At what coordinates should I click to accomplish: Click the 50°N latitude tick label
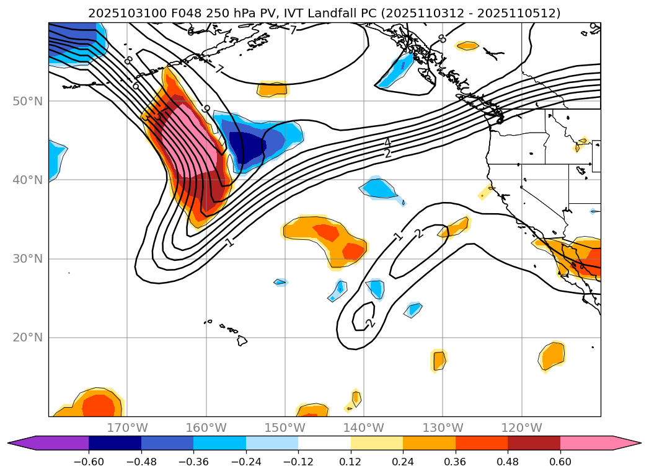[x=27, y=101]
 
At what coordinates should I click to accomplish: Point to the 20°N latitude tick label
[x=27, y=338]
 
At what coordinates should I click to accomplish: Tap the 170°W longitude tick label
[x=127, y=428]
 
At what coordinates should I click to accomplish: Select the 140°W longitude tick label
[x=364, y=428]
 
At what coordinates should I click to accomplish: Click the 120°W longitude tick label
[x=521, y=428]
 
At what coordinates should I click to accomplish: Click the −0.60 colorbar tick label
[x=89, y=462]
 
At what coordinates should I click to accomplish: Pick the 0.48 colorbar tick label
[x=508, y=462]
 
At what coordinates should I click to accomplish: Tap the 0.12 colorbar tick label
[x=351, y=462]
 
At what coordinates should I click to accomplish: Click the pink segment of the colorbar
[x=586, y=443]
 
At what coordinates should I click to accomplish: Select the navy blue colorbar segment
[x=115, y=443]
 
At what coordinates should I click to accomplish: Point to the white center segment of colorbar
[x=324, y=443]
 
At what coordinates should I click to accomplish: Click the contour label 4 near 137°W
[x=387, y=143]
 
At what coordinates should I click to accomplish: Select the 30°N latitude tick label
[x=27, y=259]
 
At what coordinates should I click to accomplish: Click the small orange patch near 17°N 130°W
[x=439, y=359]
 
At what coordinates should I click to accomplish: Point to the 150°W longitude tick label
[x=285, y=428]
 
